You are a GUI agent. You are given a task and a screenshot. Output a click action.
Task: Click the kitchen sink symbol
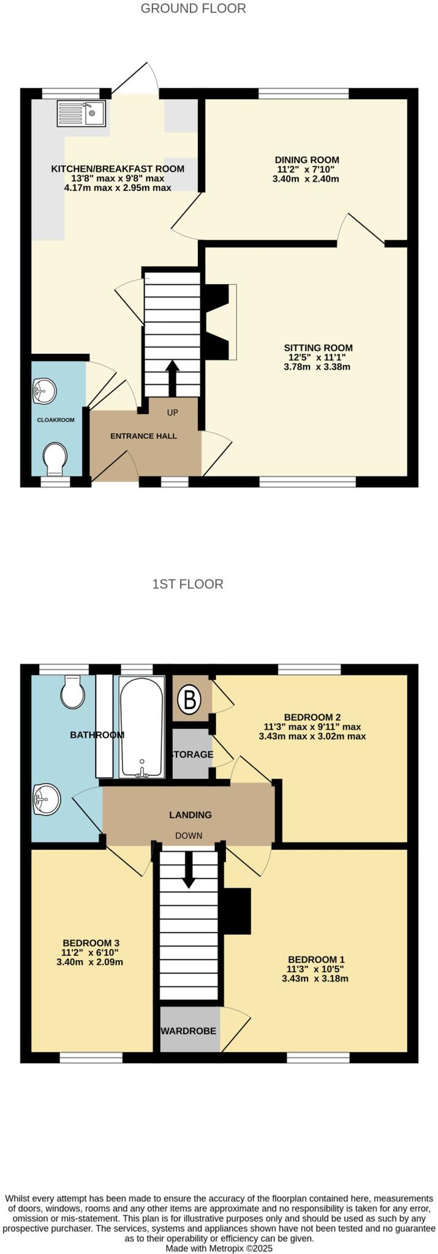(x=82, y=113)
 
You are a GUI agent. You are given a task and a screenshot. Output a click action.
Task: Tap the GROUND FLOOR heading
(x=193, y=9)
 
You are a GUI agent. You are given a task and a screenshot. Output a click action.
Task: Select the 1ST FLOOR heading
(x=187, y=584)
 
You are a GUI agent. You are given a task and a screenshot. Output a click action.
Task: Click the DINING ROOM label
(x=306, y=160)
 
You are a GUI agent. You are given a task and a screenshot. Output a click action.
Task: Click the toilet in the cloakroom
(x=55, y=457)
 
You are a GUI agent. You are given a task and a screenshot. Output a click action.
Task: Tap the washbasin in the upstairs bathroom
(x=47, y=799)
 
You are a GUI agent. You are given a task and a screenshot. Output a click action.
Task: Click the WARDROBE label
(x=189, y=1031)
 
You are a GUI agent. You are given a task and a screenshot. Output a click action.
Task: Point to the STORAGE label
(x=192, y=754)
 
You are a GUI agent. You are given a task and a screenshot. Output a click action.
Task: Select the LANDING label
(x=191, y=815)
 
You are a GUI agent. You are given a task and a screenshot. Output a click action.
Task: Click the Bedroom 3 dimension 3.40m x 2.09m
(x=89, y=962)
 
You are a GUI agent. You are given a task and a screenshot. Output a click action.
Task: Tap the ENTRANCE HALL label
(x=143, y=436)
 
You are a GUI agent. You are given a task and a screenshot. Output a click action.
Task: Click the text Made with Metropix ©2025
(x=219, y=1248)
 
